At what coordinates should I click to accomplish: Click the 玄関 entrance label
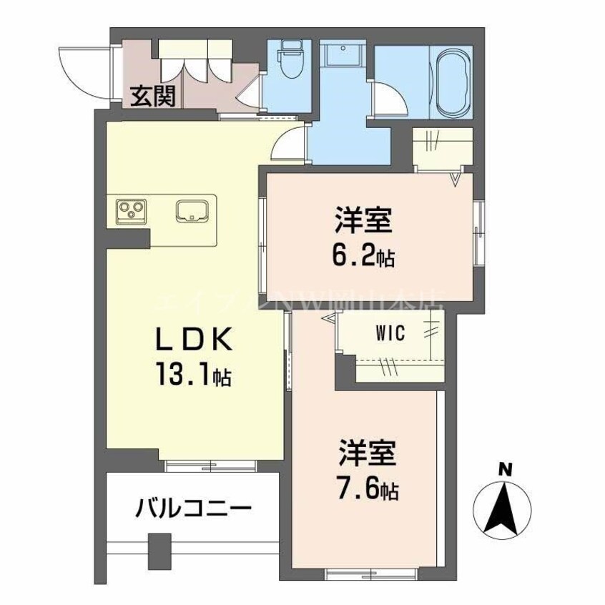tap(152, 97)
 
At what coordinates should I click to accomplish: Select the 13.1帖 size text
tap(190, 375)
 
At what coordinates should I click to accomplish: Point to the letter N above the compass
tap(505, 470)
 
